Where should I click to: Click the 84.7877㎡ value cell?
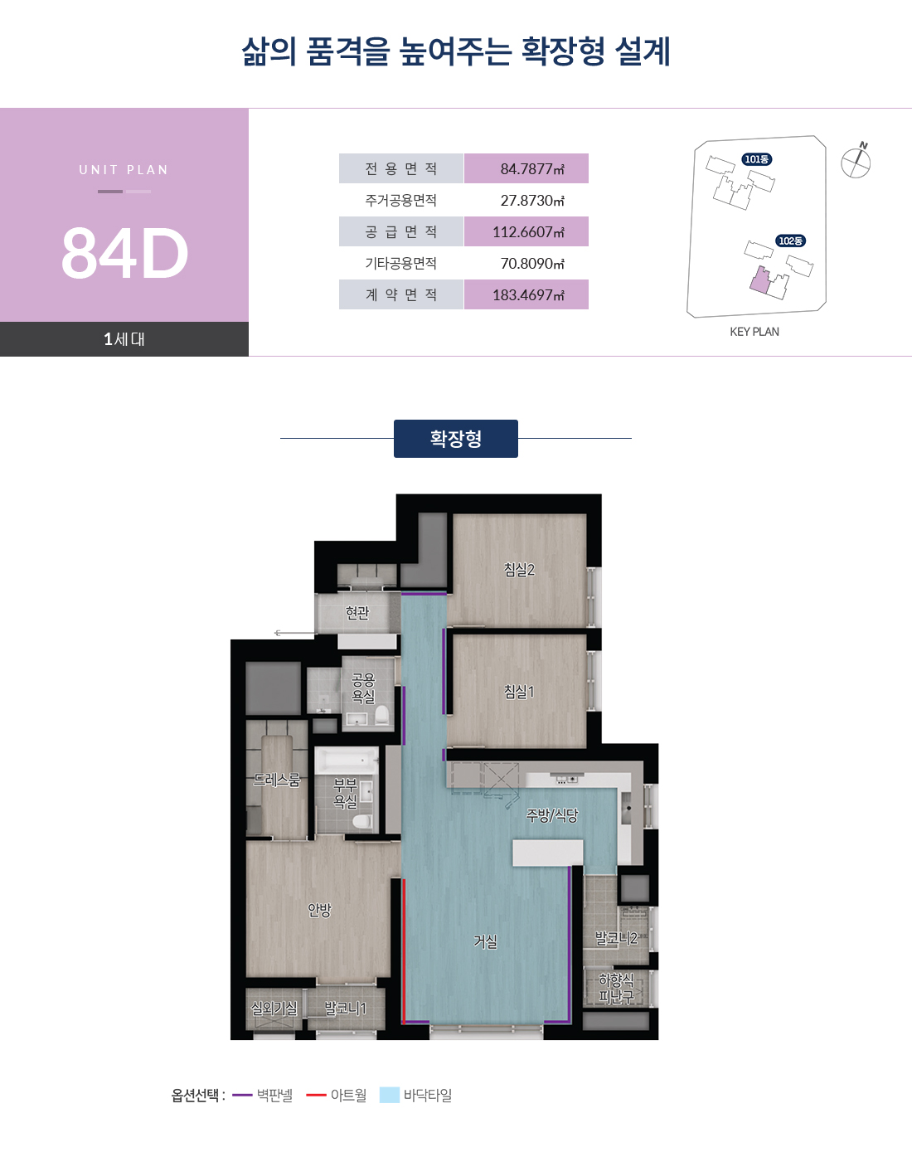tap(526, 168)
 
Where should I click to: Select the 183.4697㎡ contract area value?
tap(526, 294)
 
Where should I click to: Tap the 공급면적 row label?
tap(401, 231)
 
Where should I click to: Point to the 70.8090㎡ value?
tap(532, 264)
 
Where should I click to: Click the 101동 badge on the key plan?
tap(757, 159)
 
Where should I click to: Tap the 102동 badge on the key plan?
tap(790, 241)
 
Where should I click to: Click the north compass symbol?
tap(856, 161)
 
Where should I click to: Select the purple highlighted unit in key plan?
tap(759, 280)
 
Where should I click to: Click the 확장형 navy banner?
tap(456, 439)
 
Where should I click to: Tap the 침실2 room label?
tap(519, 569)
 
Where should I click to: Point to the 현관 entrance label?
tap(357, 612)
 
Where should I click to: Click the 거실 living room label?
tap(486, 941)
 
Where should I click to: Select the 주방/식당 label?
tap(552, 815)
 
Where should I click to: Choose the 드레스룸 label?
tap(276, 780)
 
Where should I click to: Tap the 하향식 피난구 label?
tap(616, 988)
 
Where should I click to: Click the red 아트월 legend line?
tap(317, 1096)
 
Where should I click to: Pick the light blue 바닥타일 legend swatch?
tap(390, 1096)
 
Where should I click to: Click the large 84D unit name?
tap(124, 253)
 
